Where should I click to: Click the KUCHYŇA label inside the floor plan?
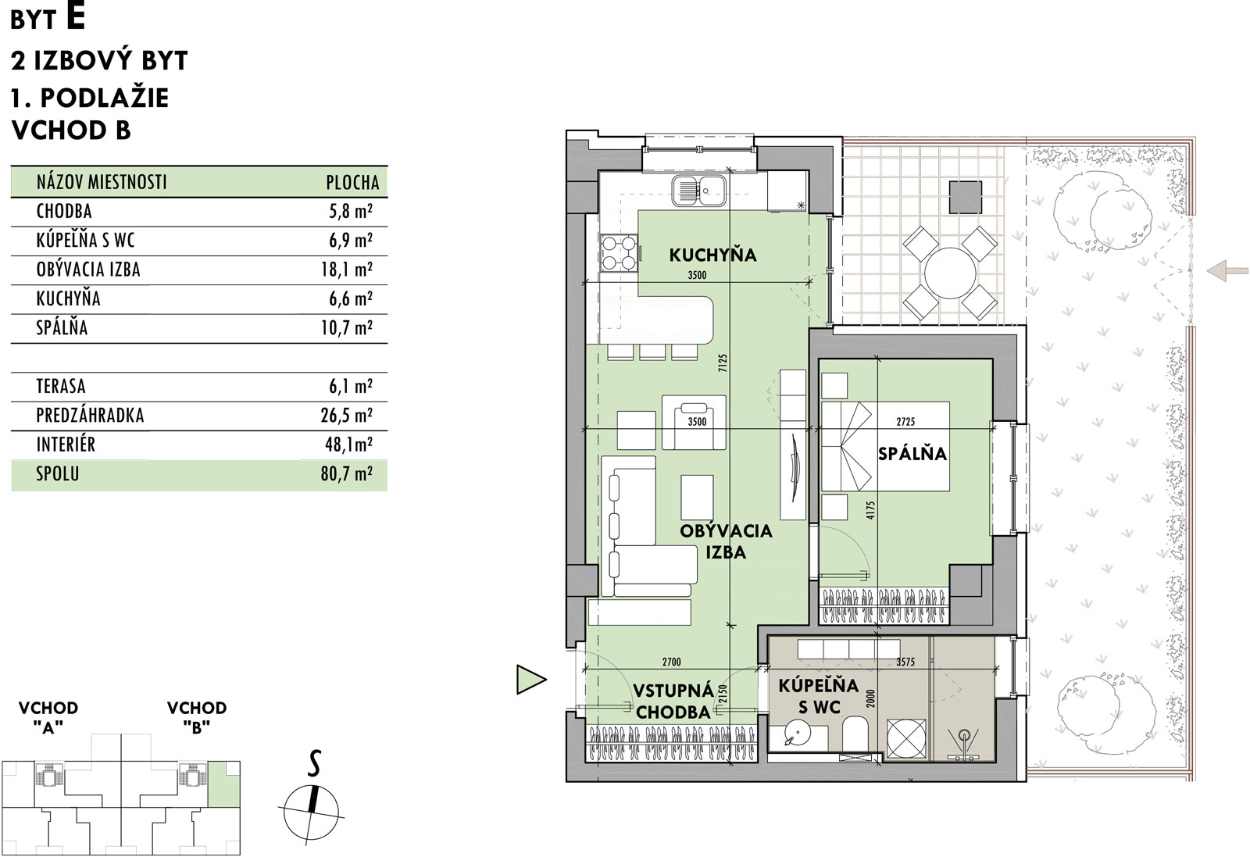pyautogui.click(x=712, y=255)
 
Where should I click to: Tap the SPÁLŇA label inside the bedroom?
pyautogui.click(x=912, y=454)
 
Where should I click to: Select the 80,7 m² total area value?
pyautogui.click(x=347, y=473)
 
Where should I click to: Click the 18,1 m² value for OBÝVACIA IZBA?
pyautogui.click(x=347, y=270)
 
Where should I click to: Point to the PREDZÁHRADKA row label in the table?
pyautogui.click(x=90, y=415)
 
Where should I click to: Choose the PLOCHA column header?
pyautogui.click(x=352, y=183)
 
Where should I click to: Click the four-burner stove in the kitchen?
pyautogui.click(x=619, y=253)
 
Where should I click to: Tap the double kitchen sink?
pyautogui.click(x=699, y=191)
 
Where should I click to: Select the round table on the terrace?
pyautogui.click(x=950, y=273)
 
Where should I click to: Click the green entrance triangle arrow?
pyautogui.click(x=530, y=680)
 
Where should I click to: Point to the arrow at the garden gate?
pyautogui.click(x=1227, y=270)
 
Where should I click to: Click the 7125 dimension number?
pyautogui.click(x=723, y=363)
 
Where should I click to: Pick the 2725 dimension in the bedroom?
pyautogui.click(x=905, y=422)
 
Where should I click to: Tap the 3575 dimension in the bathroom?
pyautogui.click(x=905, y=662)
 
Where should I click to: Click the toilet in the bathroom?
pyautogui.click(x=855, y=734)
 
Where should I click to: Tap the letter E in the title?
pyautogui.click(x=75, y=16)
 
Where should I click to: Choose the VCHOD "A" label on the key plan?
pyautogui.click(x=48, y=717)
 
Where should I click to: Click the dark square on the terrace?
pyautogui.click(x=966, y=197)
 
